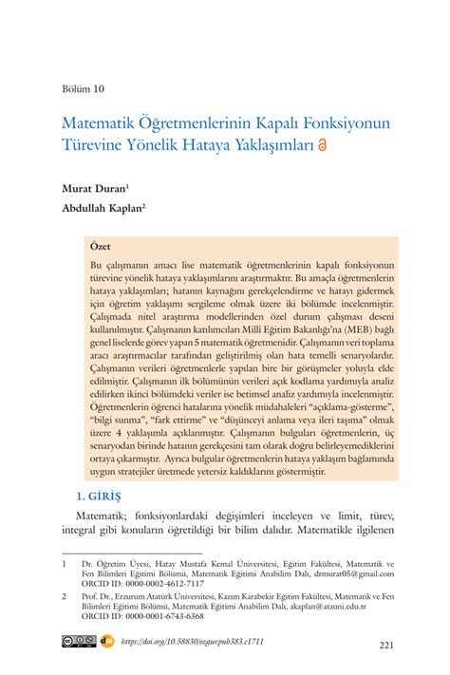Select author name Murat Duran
pos(93,188)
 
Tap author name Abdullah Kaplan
pos(102,210)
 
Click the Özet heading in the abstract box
pos(100,245)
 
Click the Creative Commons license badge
pos(79,642)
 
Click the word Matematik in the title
pos(100,124)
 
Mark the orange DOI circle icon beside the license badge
pos(107,642)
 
